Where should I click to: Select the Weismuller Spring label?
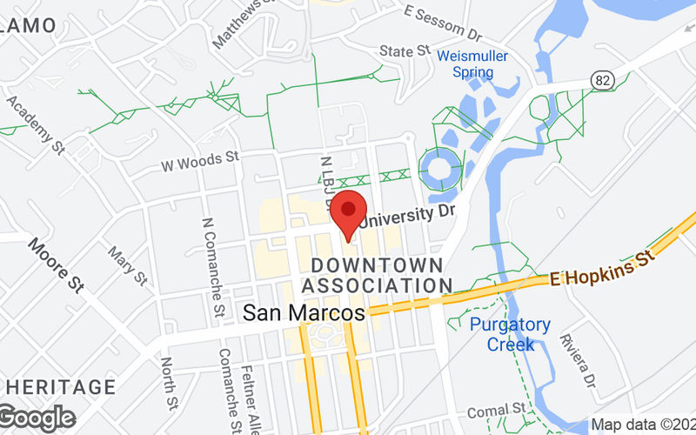click(x=472, y=64)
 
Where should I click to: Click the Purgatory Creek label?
click(x=511, y=334)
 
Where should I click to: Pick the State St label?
click(x=405, y=52)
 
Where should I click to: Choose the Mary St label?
click(x=127, y=264)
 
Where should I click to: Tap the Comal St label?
click(x=496, y=410)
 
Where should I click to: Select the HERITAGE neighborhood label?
click(x=58, y=386)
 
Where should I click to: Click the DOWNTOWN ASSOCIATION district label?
click(x=377, y=274)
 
